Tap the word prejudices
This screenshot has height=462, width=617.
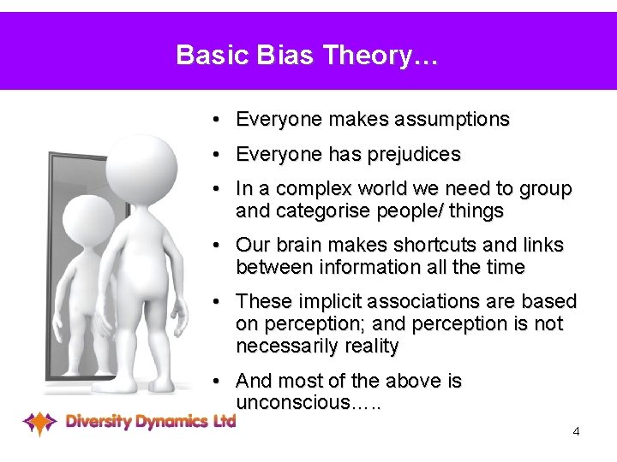(415, 155)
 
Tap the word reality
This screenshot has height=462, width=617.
(368, 346)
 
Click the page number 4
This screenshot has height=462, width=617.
(576, 431)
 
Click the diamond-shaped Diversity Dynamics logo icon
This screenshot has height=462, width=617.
(39, 422)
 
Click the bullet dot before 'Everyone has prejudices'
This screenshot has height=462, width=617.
(220, 155)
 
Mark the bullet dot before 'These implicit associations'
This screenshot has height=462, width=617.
(220, 302)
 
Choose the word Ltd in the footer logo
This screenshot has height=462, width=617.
(225, 420)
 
